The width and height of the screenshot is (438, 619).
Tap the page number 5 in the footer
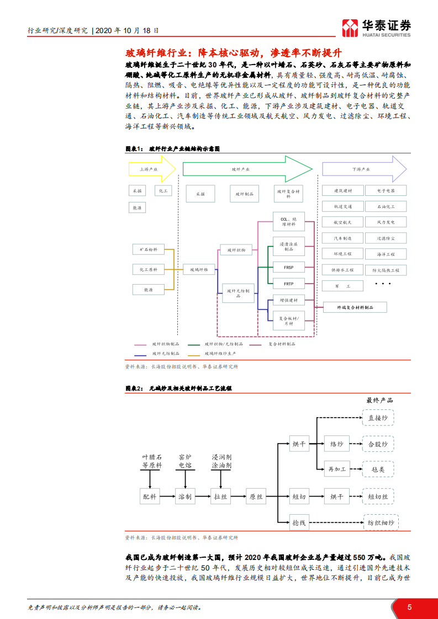(409, 607)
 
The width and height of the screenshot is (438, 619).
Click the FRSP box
(288, 266)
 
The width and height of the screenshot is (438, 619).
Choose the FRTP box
(288, 284)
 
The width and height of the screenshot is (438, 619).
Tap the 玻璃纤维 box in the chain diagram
(199, 270)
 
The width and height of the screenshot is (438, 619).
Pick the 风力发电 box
(385, 222)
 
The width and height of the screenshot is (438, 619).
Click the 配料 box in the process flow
(149, 497)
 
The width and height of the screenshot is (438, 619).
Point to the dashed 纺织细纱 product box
(380, 522)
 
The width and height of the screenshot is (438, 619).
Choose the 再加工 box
(337, 469)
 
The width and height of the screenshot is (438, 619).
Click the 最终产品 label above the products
(379, 401)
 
